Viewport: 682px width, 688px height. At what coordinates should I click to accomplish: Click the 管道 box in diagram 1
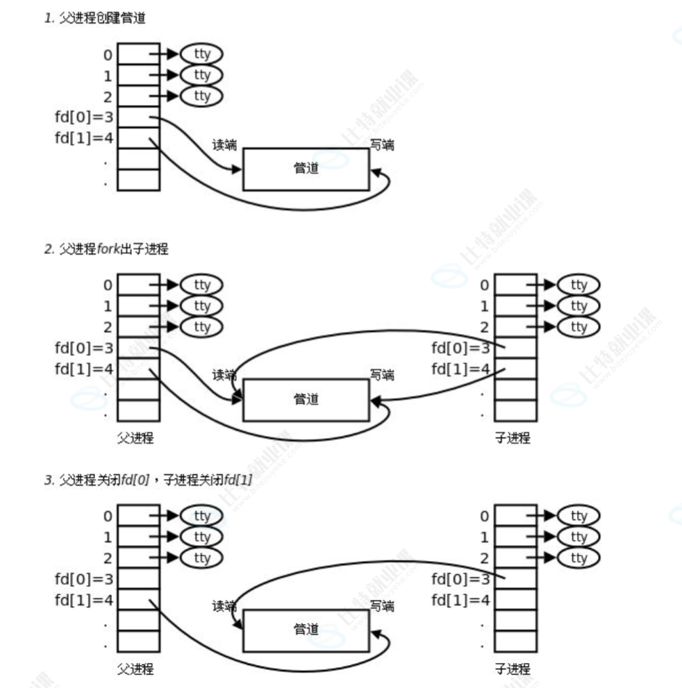[x=306, y=169]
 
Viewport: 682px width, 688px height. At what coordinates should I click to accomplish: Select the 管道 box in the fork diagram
[x=306, y=400]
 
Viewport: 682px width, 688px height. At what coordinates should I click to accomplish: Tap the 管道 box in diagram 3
[x=306, y=630]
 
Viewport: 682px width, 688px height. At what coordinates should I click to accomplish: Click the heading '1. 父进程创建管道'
[x=95, y=18]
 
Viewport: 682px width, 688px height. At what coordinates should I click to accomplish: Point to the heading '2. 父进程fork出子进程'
[x=106, y=249]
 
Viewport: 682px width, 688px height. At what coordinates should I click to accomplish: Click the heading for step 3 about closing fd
[x=148, y=480]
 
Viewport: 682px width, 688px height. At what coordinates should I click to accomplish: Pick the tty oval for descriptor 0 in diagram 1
[x=201, y=53]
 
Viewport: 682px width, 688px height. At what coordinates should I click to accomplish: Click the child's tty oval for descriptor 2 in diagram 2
[x=578, y=327]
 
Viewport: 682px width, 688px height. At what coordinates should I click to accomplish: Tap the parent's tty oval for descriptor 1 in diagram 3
[x=201, y=537]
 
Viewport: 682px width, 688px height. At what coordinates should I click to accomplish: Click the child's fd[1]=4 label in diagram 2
[x=460, y=369]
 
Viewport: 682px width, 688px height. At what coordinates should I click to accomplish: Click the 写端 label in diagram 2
[x=382, y=376]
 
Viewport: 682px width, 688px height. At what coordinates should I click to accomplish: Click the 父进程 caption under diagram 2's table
[x=135, y=438]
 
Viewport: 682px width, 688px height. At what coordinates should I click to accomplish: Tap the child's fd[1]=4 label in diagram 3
[x=460, y=599]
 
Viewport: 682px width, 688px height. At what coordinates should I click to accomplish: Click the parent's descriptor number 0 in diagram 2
[x=107, y=285]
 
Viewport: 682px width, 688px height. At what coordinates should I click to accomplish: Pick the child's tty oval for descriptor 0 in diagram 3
[x=578, y=516]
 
